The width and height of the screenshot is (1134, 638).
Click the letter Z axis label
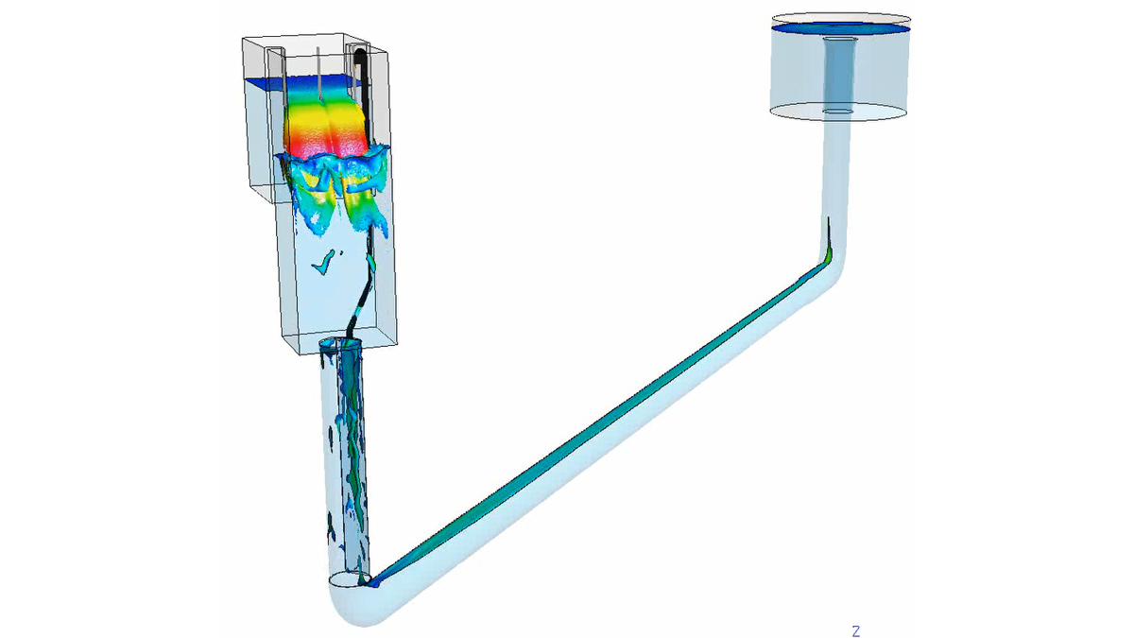pyautogui.click(x=855, y=630)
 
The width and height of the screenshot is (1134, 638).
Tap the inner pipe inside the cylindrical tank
pyautogui.click(x=836, y=71)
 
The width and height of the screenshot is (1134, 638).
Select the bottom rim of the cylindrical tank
pyautogui.click(x=840, y=118)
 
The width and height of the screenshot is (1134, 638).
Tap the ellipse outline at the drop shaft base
pyautogui.click(x=350, y=578)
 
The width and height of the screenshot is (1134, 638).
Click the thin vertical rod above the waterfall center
pyautogui.click(x=321, y=71)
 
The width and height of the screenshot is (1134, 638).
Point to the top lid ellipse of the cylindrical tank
pyautogui.click(x=841, y=17)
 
